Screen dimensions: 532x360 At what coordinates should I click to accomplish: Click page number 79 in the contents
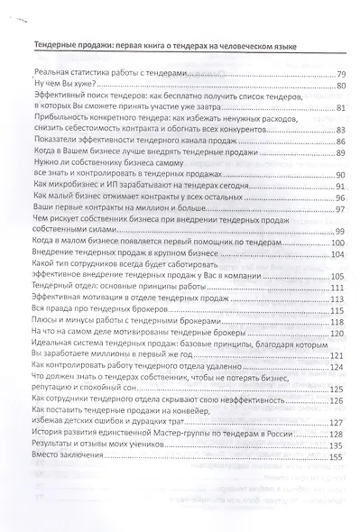tap(339, 74)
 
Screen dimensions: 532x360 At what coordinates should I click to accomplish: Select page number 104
tap(337, 256)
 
